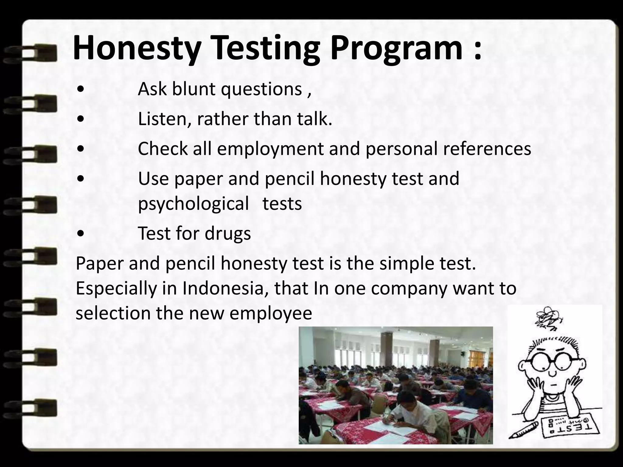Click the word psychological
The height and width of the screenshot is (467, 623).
[x=193, y=204]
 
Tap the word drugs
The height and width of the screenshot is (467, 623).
[x=228, y=233]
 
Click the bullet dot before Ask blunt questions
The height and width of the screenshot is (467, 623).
[x=81, y=90]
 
